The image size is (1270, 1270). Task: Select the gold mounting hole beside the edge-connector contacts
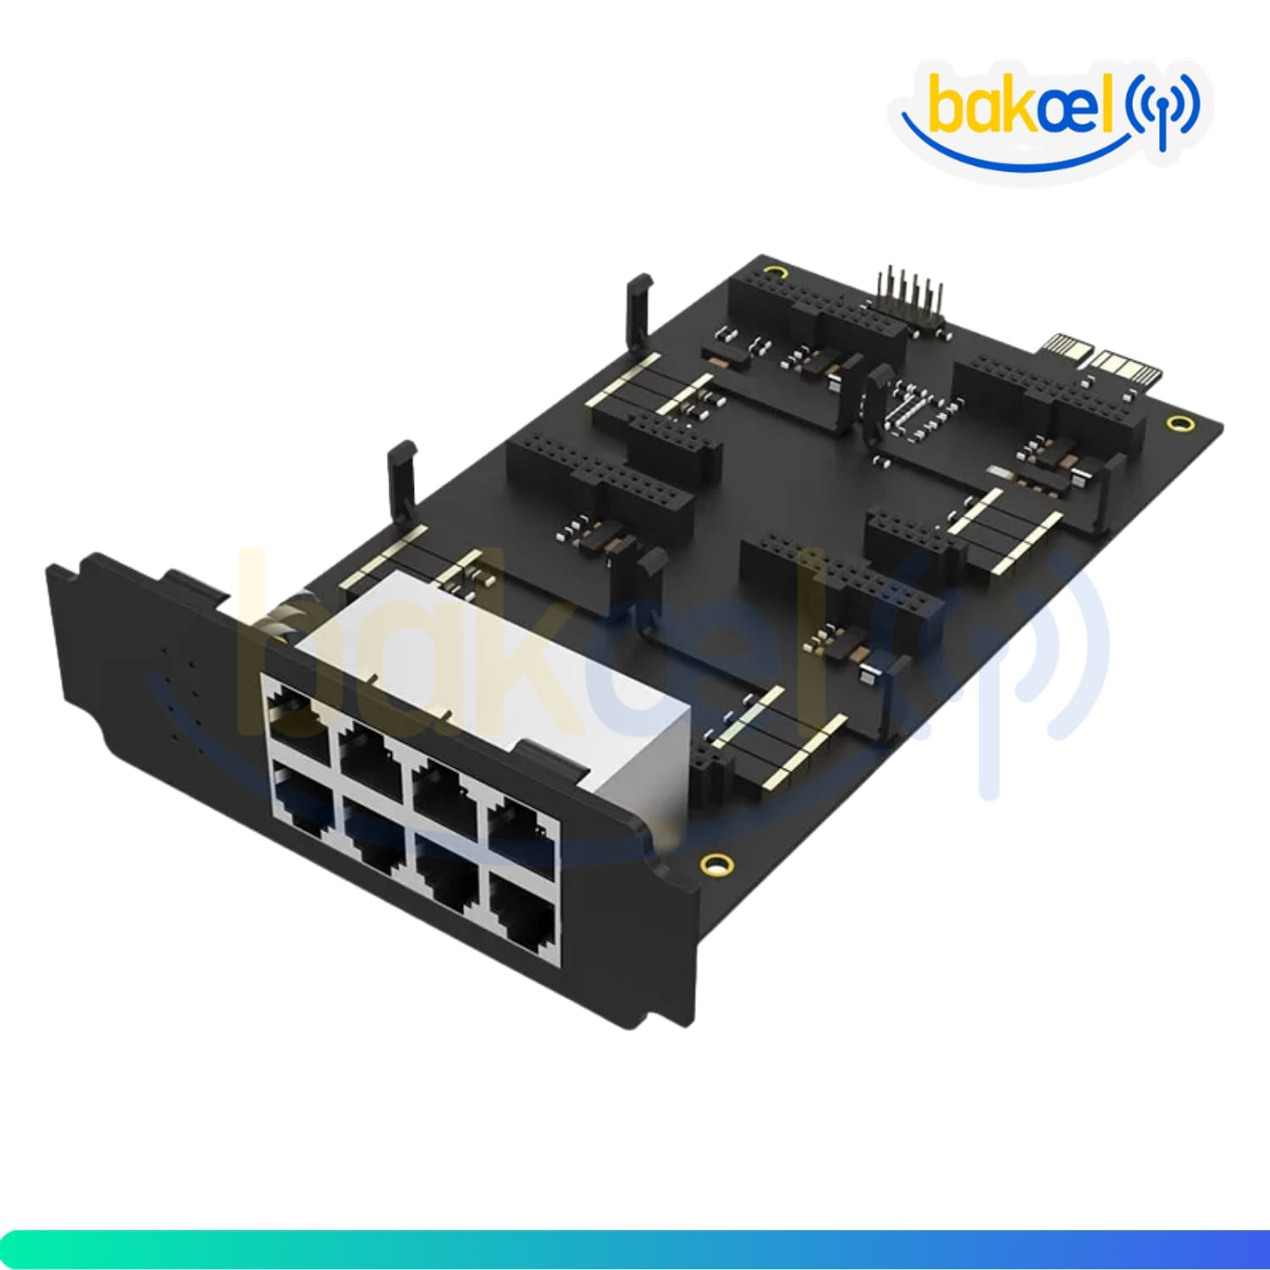click(x=1178, y=422)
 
